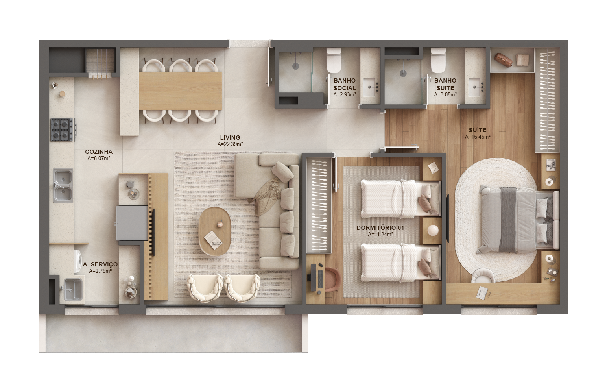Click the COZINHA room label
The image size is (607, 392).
(99, 152)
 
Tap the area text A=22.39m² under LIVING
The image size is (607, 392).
(230, 144)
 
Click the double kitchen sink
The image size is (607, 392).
(63, 186)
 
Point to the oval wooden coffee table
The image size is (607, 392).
(215, 231)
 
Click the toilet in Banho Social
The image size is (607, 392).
(334, 60)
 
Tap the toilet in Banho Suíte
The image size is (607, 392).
(438, 60)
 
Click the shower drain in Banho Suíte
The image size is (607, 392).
(404, 72)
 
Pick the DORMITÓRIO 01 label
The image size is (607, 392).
(380, 228)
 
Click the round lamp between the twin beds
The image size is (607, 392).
(432, 230)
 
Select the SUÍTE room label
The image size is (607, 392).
(478, 130)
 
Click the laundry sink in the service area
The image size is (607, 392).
(72, 290)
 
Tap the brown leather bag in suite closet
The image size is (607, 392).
(503, 60)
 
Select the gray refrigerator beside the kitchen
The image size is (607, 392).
(132, 223)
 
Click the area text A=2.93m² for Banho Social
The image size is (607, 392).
(345, 94)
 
